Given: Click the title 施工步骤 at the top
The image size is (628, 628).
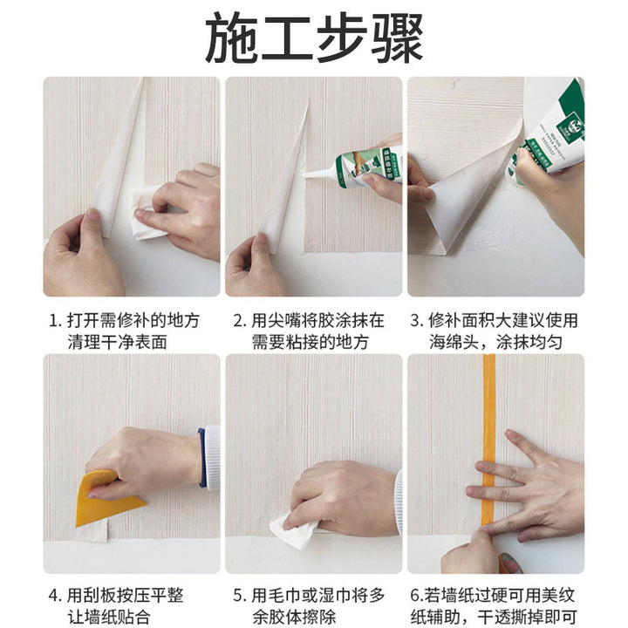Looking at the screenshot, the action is point(314,38).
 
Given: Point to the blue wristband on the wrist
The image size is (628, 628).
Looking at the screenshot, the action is point(202,457).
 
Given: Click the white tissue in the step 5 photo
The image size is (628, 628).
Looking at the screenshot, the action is point(295,531).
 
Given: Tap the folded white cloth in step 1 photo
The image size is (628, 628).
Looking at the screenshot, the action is point(148,215).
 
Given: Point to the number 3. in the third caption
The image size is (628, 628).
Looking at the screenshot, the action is point(417,321).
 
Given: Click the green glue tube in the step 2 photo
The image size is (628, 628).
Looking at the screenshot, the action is point(366,167).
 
